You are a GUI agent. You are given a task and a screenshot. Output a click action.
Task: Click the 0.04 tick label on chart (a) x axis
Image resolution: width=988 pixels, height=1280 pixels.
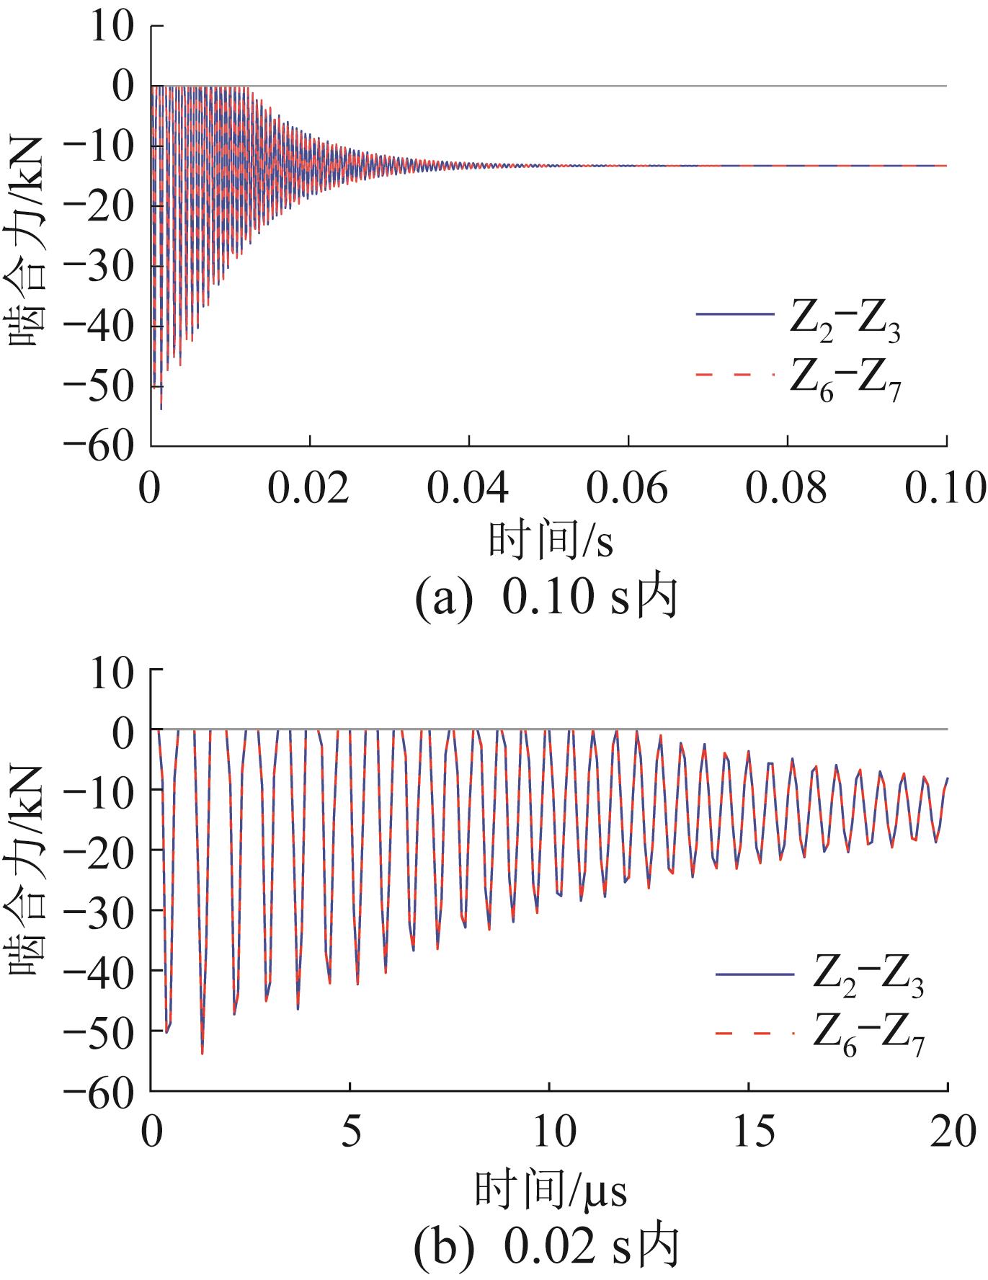click(468, 489)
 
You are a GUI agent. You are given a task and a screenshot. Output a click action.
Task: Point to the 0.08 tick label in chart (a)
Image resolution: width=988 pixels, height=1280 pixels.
click(786, 489)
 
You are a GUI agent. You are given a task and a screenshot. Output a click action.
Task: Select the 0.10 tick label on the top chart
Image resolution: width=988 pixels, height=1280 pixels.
click(944, 489)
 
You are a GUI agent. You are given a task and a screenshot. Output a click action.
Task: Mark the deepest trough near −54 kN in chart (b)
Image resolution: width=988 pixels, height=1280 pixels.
click(203, 1053)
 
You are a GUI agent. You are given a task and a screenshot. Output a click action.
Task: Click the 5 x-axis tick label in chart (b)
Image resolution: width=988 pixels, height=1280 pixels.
click(350, 1134)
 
